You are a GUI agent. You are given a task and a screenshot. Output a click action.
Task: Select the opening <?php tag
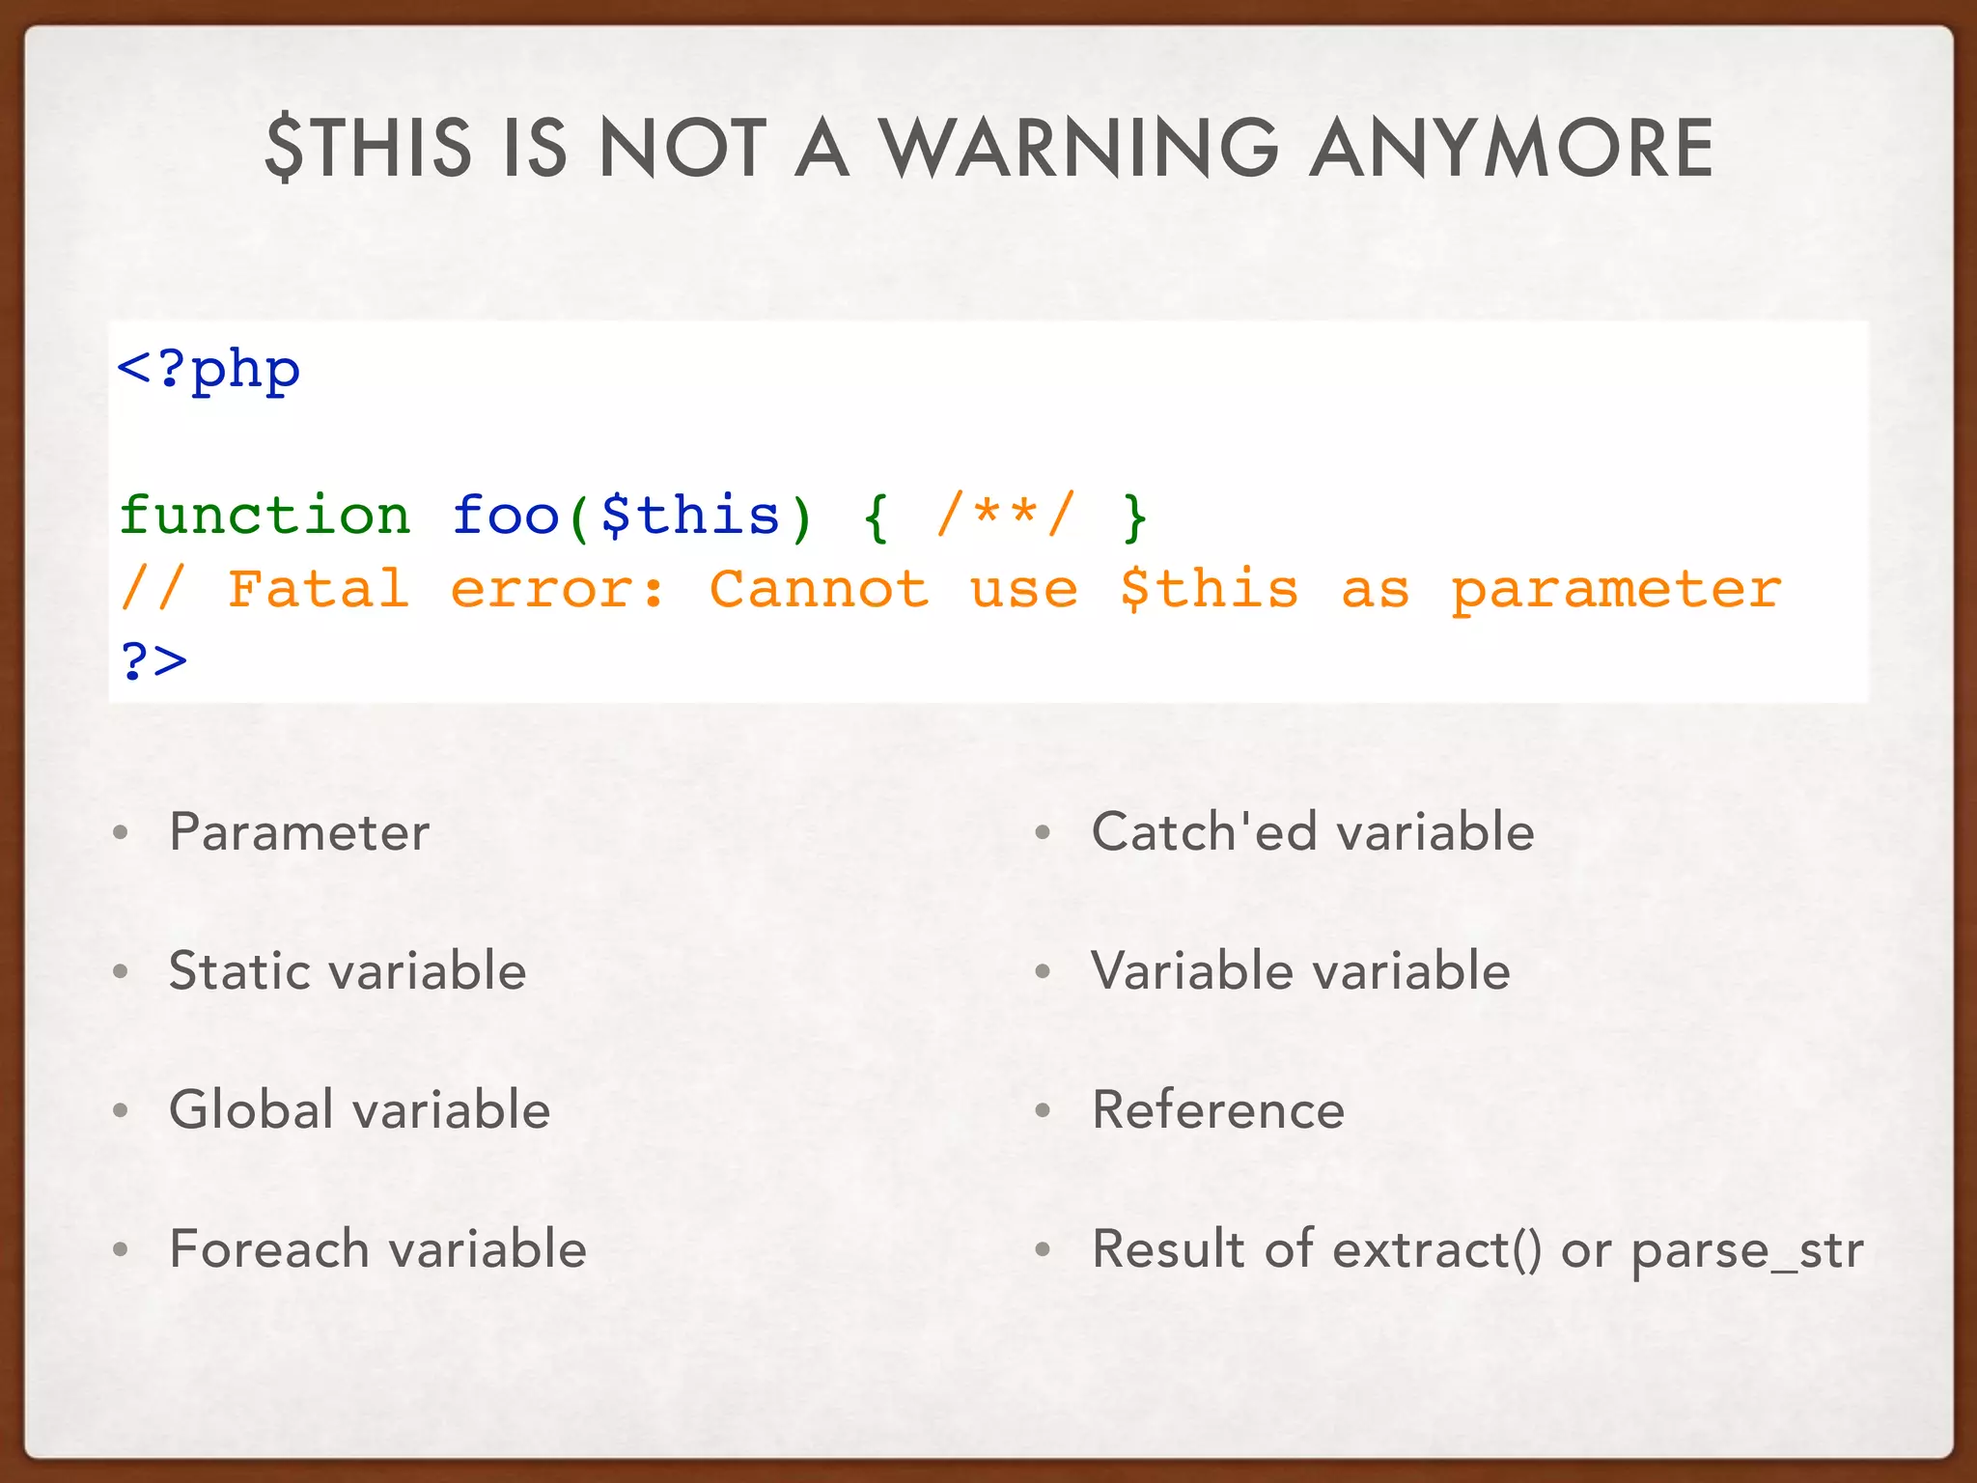pyautogui.click(x=209, y=370)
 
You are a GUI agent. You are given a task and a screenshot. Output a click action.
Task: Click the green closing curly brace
pyautogui.click(x=1135, y=517)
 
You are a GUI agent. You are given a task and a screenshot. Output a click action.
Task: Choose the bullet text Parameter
pyautogui.click(x=299, y=832)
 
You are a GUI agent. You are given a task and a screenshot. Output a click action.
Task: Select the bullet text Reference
pyautogui.click(x=1218, y=1109)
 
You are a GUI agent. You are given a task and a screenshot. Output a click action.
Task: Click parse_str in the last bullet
pyautogui.click(x=1746, y=1250)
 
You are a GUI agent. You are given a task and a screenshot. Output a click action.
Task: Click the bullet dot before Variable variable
pyautogui.click(x=1043, y=971)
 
